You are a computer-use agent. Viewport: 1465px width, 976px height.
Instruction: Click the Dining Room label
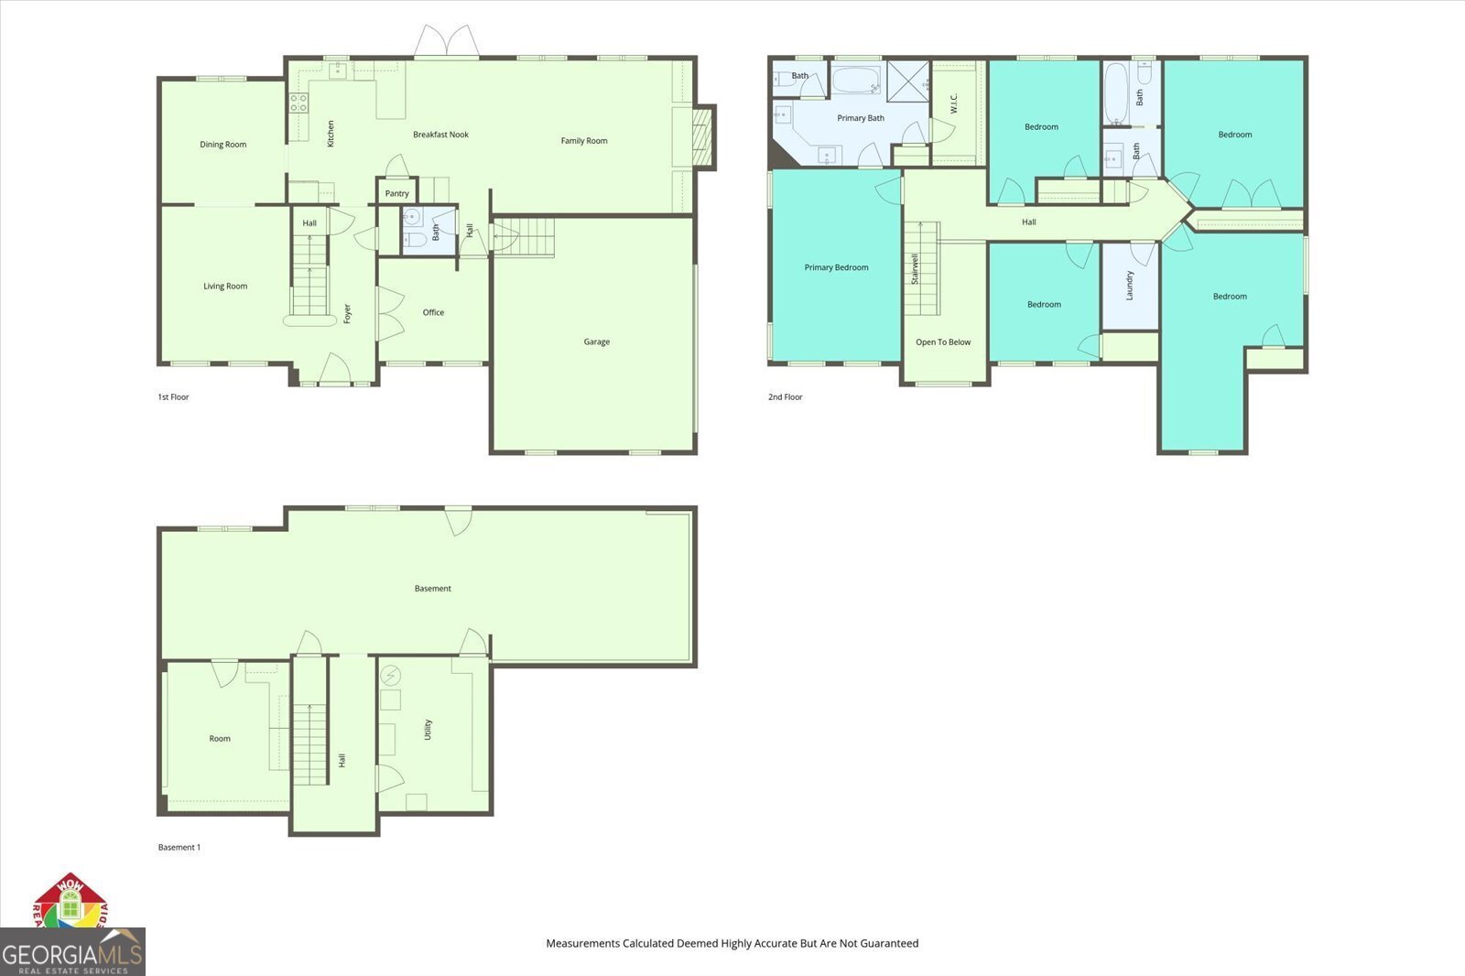click(222, 145)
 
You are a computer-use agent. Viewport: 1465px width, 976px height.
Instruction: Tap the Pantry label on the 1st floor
click(396, 194)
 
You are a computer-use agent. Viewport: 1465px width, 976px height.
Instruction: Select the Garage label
click(596, 342)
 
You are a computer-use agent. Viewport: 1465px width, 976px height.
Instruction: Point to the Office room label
click(433, 313)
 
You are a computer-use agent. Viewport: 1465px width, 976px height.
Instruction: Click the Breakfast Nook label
click(440, 135)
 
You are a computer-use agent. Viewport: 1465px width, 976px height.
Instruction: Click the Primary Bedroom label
click(836, 268)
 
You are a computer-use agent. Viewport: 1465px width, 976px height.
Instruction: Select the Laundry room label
click(1130, 285)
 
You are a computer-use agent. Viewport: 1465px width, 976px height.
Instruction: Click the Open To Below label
click(943, 342)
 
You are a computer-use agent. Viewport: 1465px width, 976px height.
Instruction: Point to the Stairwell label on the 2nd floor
click(915, 268)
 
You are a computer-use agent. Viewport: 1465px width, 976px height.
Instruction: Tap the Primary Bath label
click(861, 118)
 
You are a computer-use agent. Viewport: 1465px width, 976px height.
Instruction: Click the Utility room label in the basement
click(428, 730)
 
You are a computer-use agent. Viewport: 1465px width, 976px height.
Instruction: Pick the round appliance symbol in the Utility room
click(390, 675)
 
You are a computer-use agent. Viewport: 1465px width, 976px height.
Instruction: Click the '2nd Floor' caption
click(785, 397)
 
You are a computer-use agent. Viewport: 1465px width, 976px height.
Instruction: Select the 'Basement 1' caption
click(179, 848)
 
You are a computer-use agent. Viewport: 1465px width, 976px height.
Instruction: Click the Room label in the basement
click(220, 739)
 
